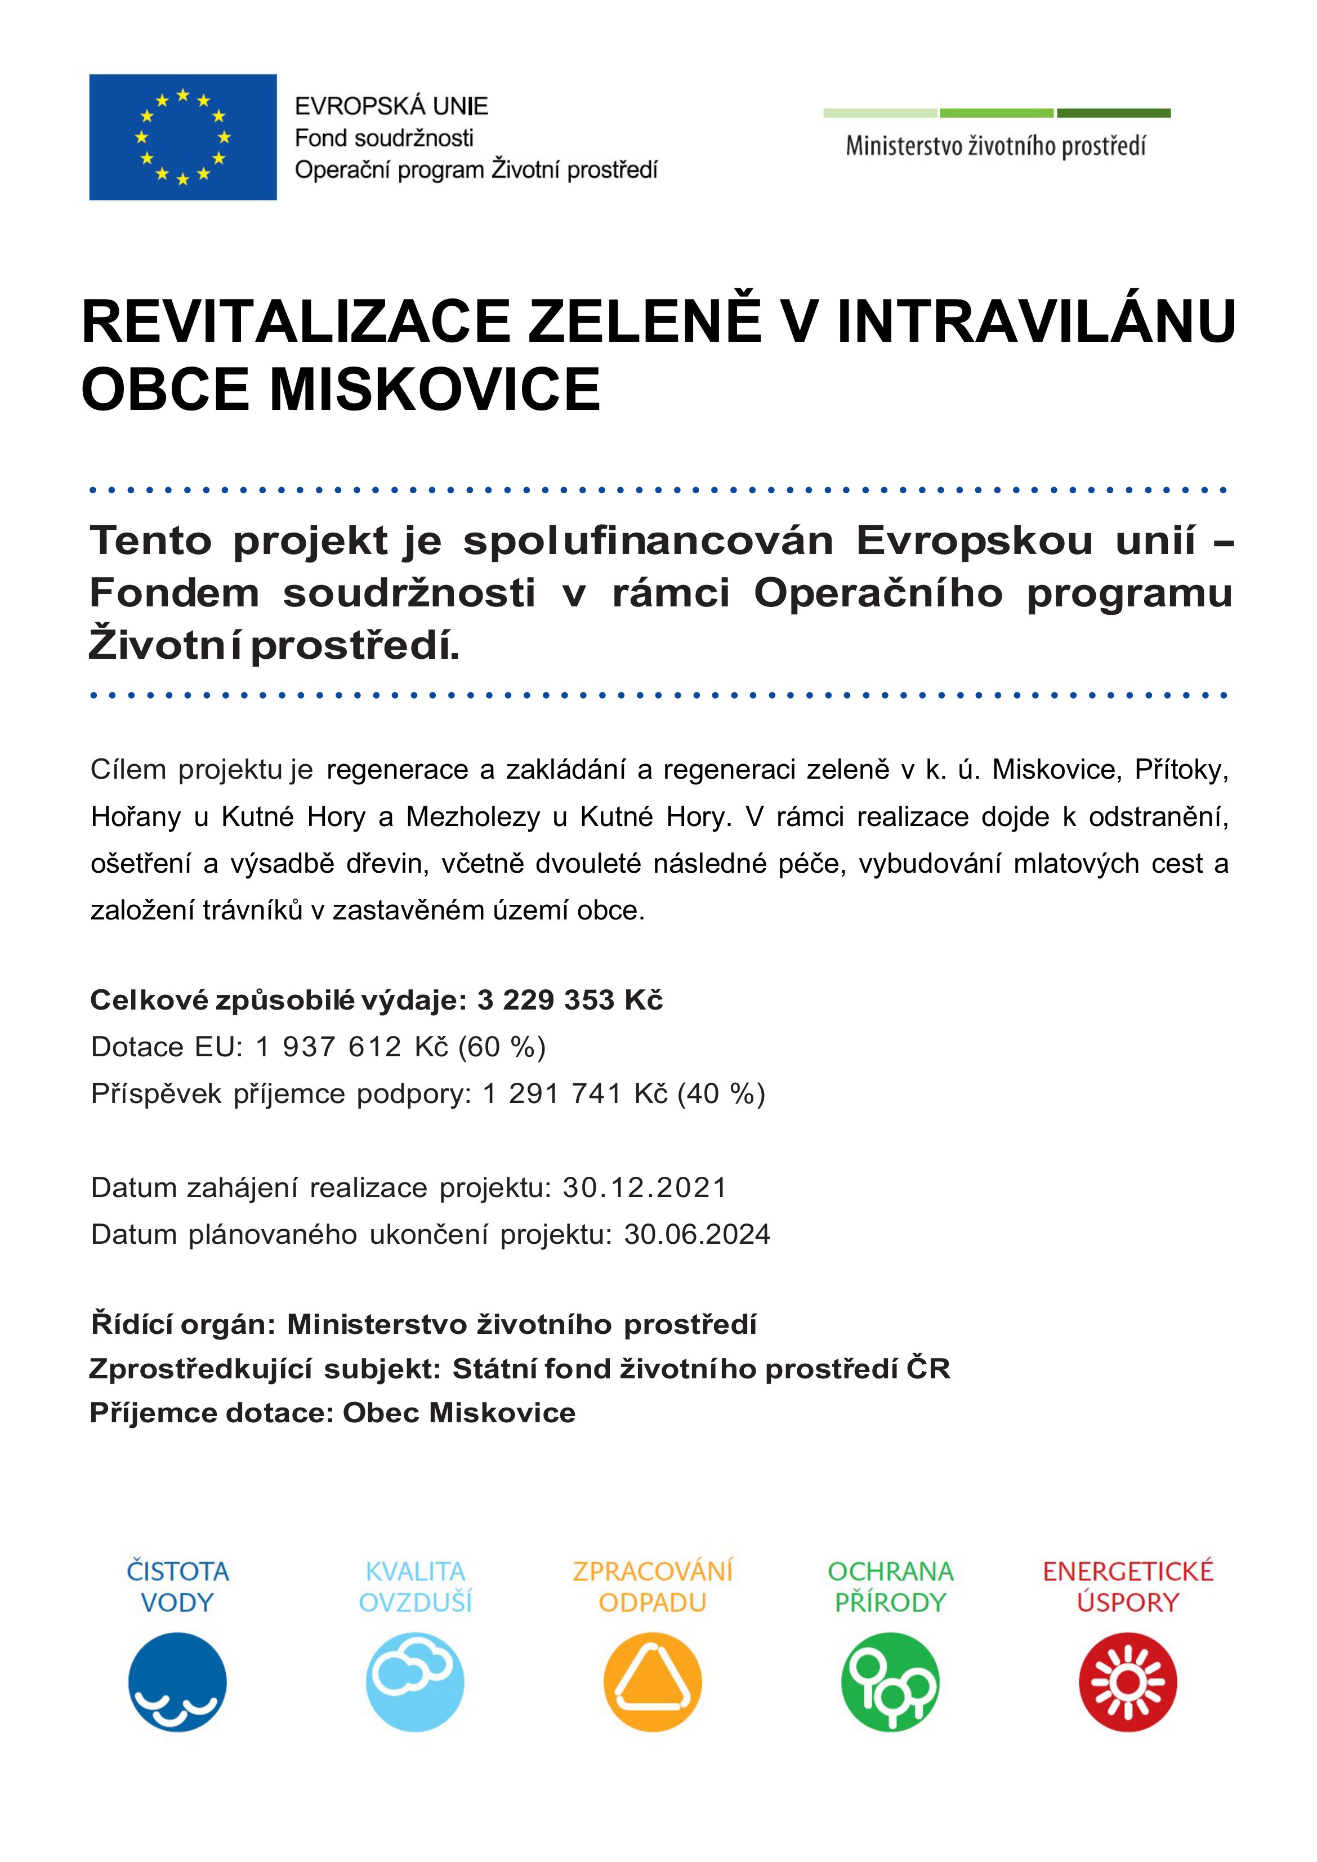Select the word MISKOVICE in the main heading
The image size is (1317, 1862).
435,389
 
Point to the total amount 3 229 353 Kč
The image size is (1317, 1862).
569,1000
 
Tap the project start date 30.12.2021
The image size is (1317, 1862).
645,1187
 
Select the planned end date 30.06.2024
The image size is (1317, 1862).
697,1234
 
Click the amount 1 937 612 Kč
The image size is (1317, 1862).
352,1047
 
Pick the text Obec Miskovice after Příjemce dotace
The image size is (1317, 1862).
459,1413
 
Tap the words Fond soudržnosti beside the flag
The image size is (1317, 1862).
383,138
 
